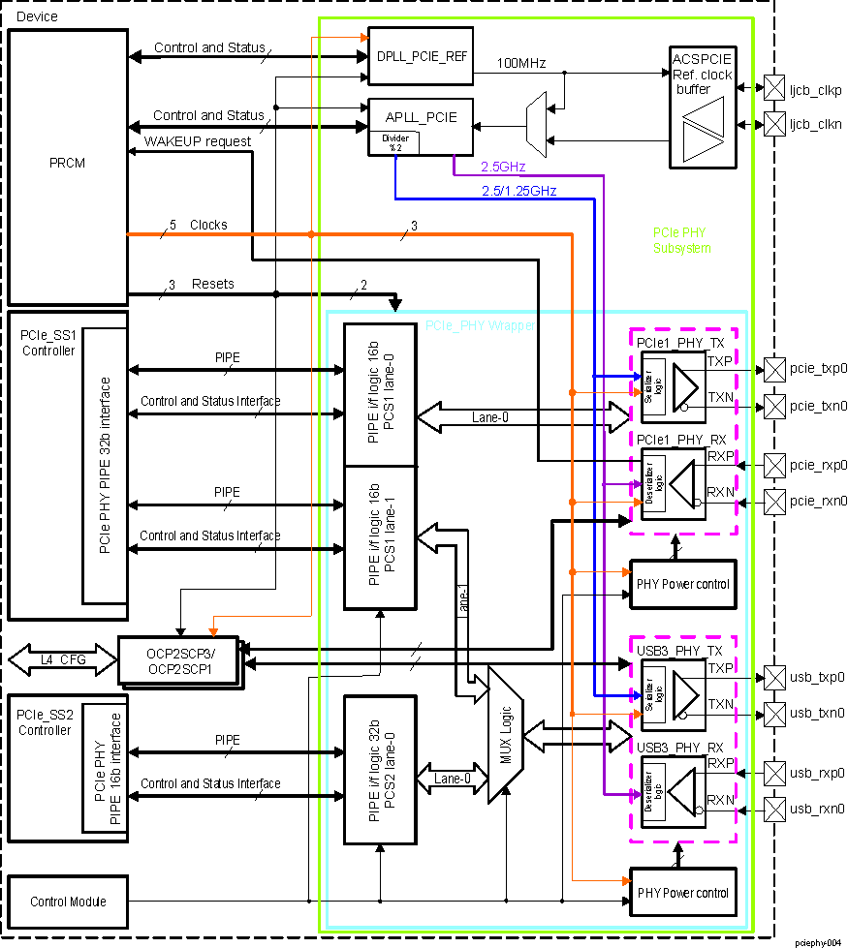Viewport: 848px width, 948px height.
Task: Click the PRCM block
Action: tap(68, 165)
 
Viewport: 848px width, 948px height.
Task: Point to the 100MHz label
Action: tap(521, 63)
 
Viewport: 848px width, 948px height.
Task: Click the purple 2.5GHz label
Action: tap(503, 167)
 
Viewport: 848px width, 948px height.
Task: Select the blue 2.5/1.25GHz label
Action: tap(518, 191)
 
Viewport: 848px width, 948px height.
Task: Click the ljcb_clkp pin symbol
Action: tap(774, 88)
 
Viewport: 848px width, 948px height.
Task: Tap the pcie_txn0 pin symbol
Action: tap(774, 405)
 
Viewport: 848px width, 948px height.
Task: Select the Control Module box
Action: tap(68, 901)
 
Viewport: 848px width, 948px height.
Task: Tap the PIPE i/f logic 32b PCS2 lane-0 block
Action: tap(380, 769)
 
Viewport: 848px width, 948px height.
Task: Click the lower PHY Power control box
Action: tap(682, 893)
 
